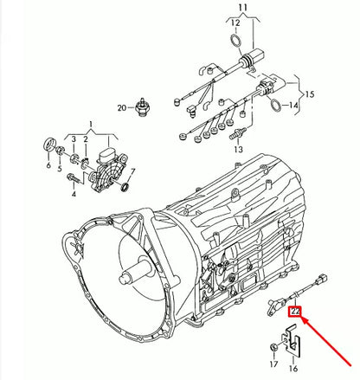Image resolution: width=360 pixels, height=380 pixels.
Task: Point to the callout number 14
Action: pos(294,106)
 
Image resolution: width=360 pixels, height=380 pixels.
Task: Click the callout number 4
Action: pos(74,194)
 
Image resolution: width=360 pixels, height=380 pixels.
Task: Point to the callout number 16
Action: pos(292,366)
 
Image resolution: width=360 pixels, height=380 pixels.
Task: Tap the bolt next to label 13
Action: pos(233,134)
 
